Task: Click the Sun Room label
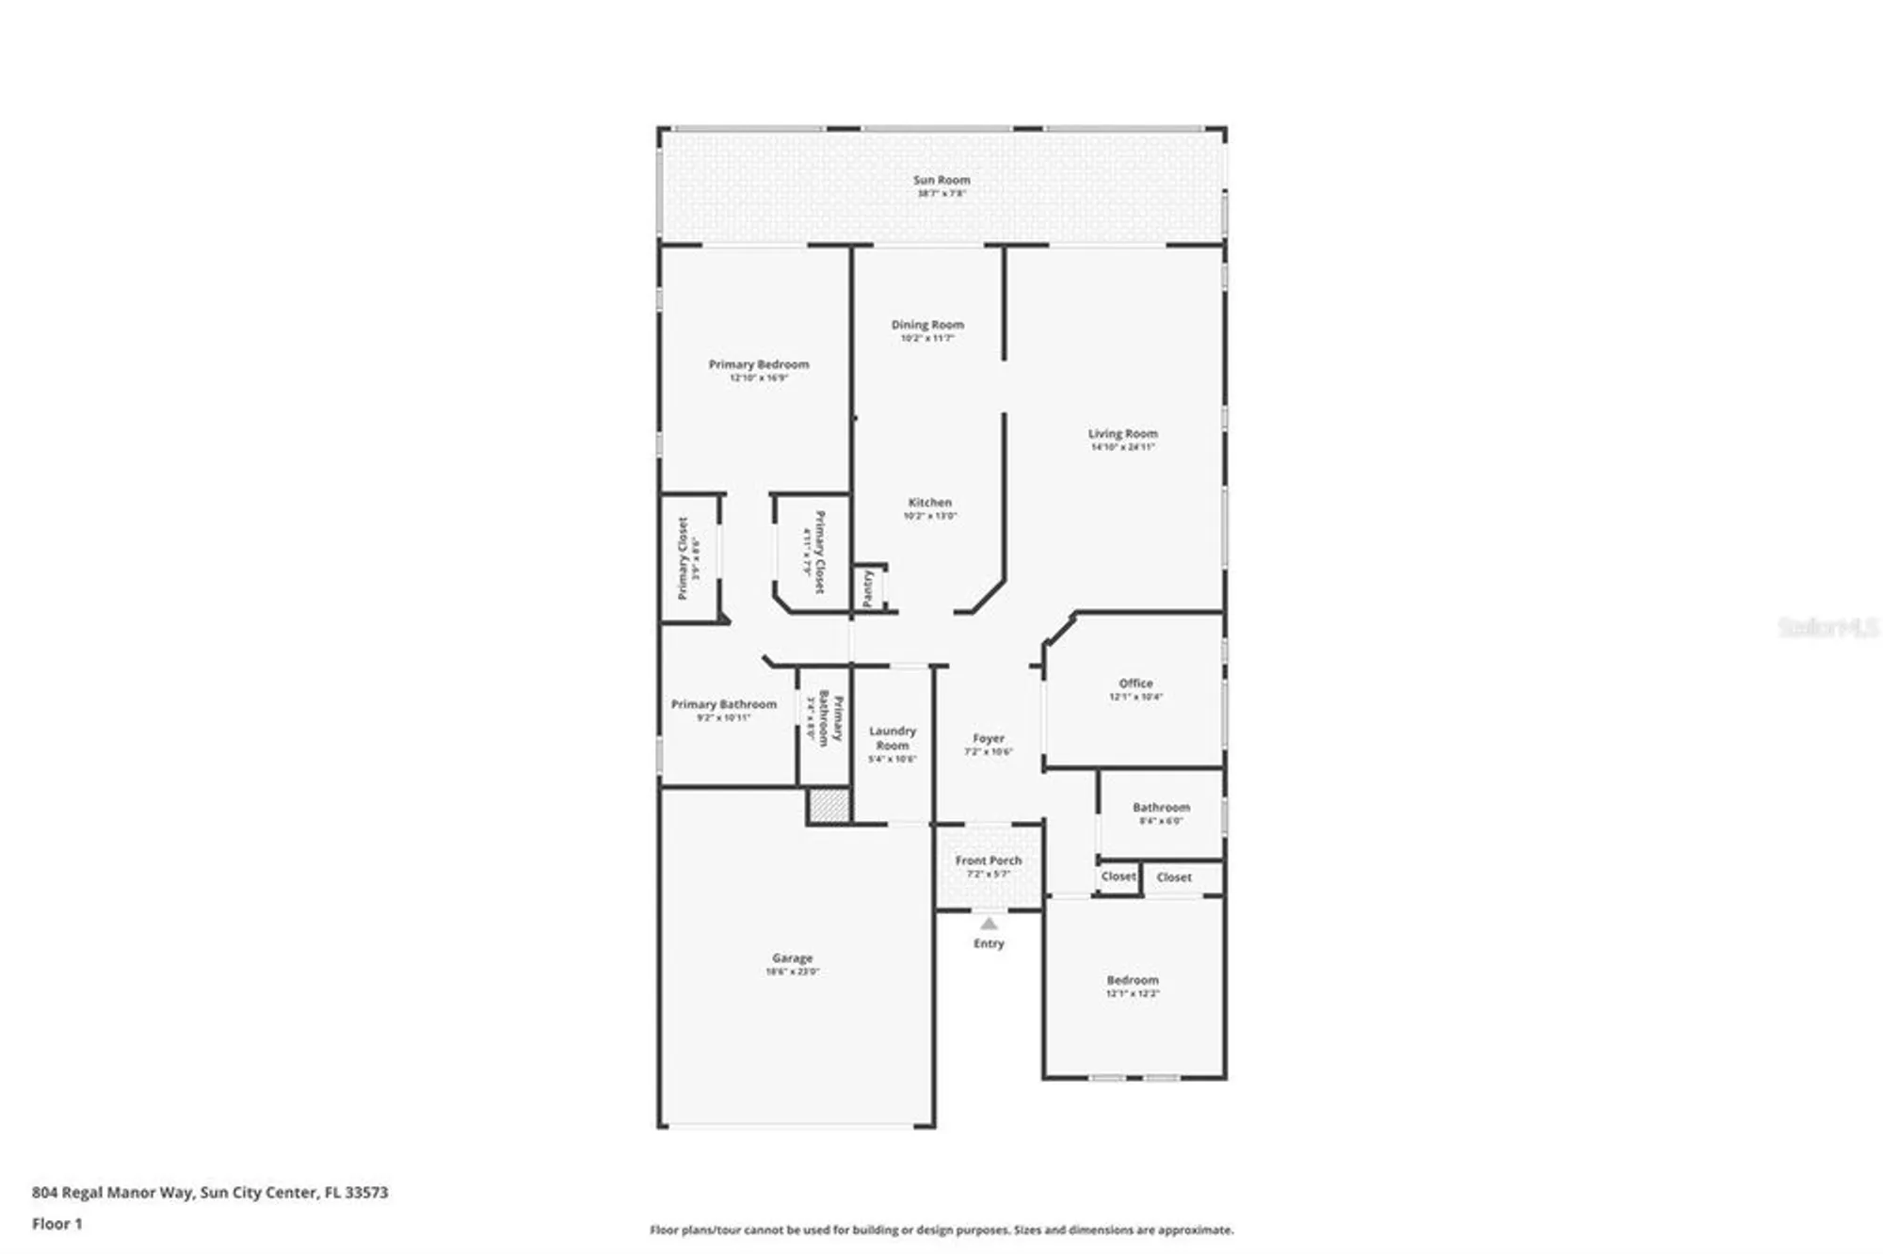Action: pos(941,180)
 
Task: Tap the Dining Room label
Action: pos(927,325)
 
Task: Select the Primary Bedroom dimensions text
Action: pos(758,378)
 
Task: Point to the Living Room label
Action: pos(1122,434)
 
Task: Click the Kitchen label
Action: pos(929,503)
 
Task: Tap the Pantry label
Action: pos(868,589)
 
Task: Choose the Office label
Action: pos(1135,683)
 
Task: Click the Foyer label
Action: pos(989,739)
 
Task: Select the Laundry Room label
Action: pos(892,738)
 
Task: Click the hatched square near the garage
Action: pos(829,806)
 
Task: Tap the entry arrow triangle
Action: pos(989,924)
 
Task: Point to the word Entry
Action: pos(989,943)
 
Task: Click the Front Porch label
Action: pos(988,860)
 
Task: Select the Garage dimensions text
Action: pos(792,972)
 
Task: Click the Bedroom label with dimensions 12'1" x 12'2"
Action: pos(1132,980)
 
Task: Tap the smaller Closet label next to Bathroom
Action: pos(1118,876)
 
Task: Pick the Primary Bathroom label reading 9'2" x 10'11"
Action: pos(723,704)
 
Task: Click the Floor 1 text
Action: pos(57,1224)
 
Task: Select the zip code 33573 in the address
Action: pos(366,1193)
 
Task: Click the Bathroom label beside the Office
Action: pos(1160,808)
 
